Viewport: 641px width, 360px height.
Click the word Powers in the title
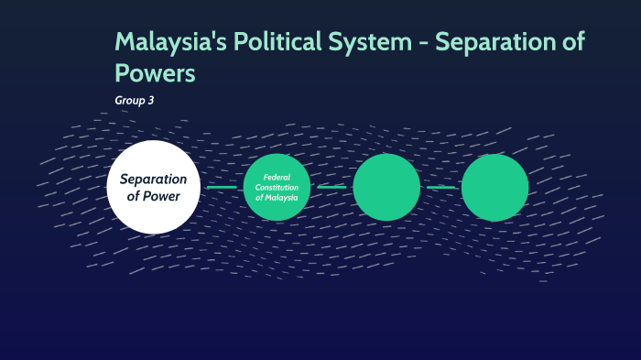click(156, 73)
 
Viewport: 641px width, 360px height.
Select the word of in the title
click(574, 43)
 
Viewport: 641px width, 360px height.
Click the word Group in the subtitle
click(128, 100)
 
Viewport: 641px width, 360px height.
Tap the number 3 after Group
click(150, 100)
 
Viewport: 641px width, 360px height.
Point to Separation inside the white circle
click(153, 179)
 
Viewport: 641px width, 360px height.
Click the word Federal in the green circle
click(277, 177)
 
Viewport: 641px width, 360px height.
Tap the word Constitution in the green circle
click(277, 187)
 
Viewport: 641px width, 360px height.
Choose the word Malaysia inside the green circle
click(282, 197)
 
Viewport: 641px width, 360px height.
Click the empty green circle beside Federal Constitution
click(386, 187)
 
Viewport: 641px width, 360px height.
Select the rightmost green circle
click(494, 187)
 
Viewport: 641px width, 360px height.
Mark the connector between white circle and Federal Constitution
click(222, 187)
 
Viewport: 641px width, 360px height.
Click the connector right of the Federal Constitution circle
click(331, 187)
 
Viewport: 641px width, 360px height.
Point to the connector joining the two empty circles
click(440, 187)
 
